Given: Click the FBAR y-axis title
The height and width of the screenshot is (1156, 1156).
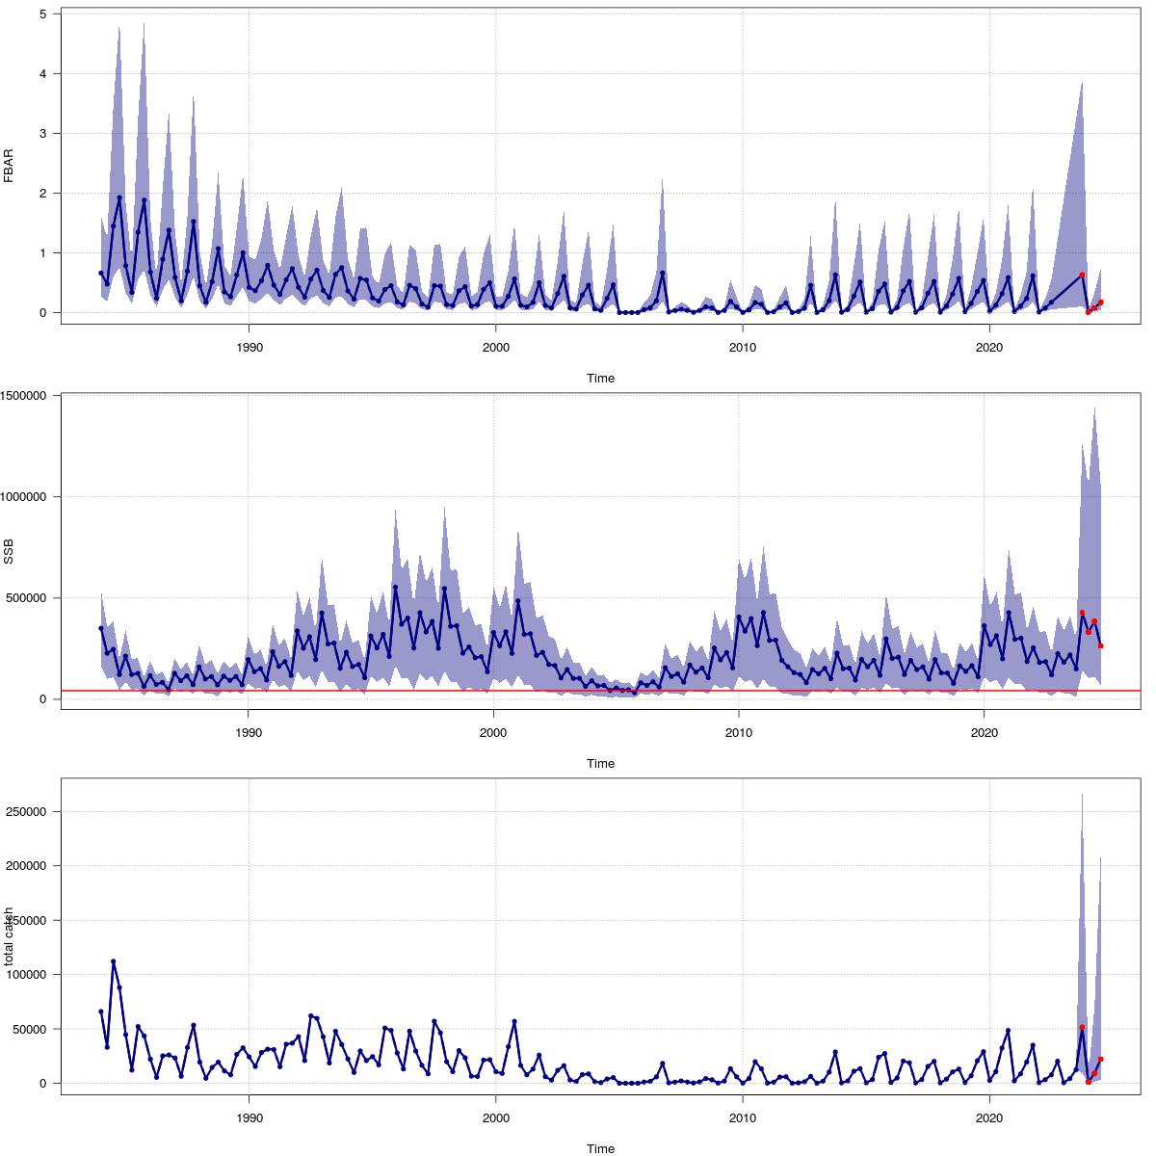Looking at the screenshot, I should coord(9,166).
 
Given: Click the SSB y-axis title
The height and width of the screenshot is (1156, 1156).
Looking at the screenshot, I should coord(9,551).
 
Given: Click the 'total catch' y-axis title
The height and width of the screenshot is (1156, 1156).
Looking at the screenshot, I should coord(9,936).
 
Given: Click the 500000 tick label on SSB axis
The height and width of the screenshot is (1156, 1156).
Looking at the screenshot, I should coord(31,597).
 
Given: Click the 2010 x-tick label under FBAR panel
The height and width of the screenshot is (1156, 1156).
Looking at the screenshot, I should coord(742,347).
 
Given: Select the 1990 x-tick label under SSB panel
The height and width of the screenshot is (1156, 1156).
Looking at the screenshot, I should coord(249,732).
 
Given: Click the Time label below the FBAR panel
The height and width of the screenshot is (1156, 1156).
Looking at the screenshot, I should coord(600,378).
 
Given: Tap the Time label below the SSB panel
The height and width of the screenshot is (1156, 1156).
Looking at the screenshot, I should coord(600,763).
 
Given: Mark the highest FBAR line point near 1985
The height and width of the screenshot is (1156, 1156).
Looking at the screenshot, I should coord(119,197).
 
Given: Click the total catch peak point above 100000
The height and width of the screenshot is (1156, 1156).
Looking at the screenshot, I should coord(114,961).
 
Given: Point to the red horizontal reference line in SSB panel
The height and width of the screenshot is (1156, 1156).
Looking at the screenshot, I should coord(578,691).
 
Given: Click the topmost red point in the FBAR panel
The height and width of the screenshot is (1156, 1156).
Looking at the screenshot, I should coord(1082,275).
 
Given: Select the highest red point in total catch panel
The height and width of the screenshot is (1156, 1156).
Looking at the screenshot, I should coord(1082,1028).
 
